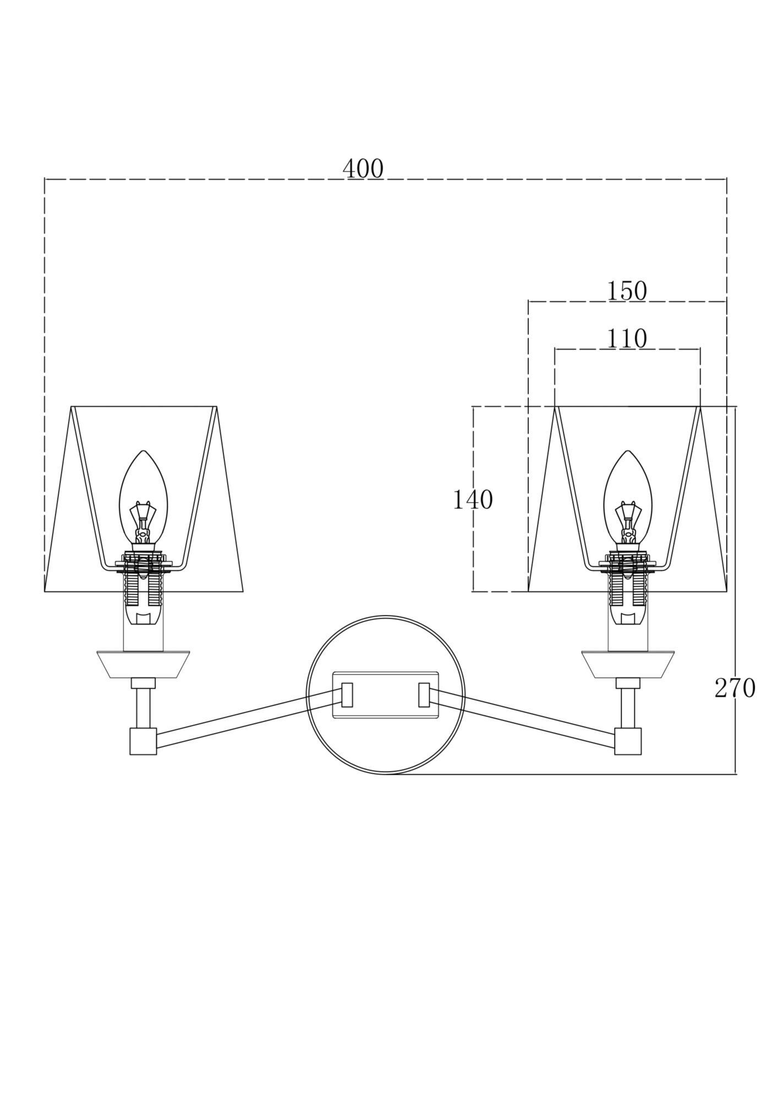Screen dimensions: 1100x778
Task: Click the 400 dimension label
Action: tap(363, 169)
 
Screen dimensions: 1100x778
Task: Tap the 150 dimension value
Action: tap(627, 291)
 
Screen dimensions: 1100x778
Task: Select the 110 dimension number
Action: tap(627, 339)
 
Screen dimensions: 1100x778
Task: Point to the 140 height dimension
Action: tap(472, 500)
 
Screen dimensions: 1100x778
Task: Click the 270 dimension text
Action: tap(735, 688)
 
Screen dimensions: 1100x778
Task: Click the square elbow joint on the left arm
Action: tap(143, 741)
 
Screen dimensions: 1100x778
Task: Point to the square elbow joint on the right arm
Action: tap(628, 741)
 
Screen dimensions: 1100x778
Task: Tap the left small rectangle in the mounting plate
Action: tap(347, 695)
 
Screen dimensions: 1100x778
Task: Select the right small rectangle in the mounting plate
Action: tap(424, 695)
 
